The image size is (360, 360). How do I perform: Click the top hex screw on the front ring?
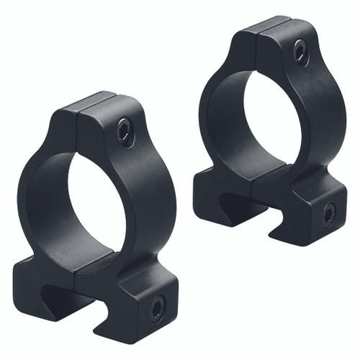coord(125,133)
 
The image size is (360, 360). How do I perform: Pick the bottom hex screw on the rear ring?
coord(328,213)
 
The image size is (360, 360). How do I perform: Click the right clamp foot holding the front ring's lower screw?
coord(144,302)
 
